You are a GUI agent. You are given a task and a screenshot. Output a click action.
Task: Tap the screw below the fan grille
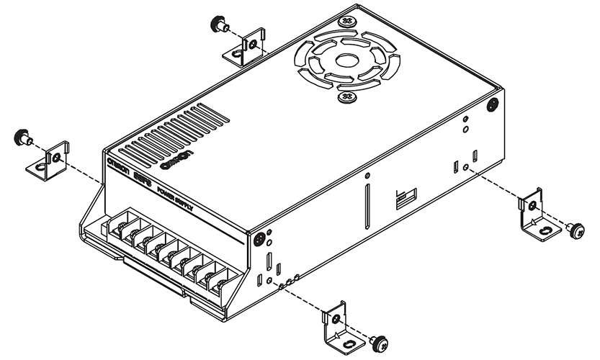tap(345, 95)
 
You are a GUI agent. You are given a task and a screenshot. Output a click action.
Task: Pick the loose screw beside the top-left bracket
tap(218, 25)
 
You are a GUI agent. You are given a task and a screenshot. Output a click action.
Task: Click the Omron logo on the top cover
tap(178, 160)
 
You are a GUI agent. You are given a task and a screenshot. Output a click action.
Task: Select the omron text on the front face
tap(119, 165)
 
